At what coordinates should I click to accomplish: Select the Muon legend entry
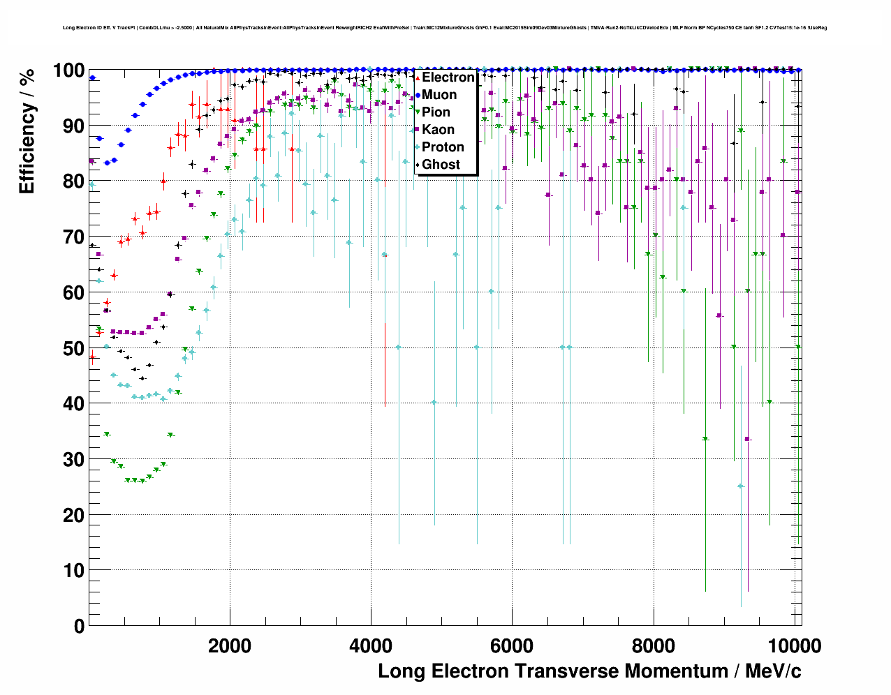439,95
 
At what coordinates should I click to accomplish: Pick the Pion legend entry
436,112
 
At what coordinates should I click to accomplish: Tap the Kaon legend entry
438,130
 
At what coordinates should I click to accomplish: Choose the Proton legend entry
443,147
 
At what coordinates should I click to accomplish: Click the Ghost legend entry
441,165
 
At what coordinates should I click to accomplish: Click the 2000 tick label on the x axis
230,646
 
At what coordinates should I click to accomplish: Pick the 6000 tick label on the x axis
512,646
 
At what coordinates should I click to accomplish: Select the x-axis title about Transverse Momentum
589,671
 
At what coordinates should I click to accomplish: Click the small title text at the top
445,28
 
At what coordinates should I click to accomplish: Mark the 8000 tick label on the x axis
653,646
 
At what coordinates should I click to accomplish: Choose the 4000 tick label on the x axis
371,646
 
